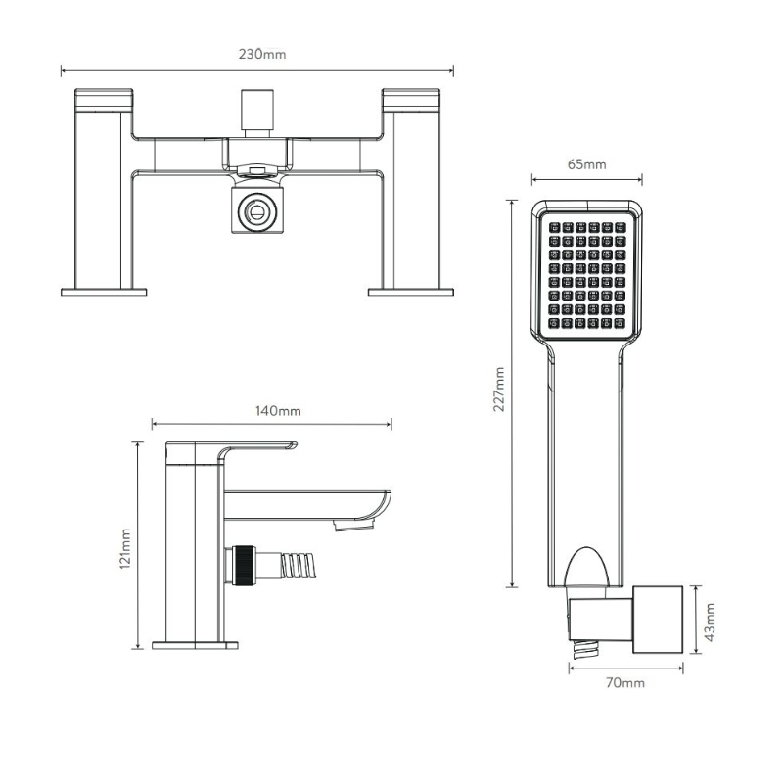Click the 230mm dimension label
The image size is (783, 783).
pyautogui.click(x=262, y=54)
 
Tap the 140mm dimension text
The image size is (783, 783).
pyautogui.click(x=278, y=411)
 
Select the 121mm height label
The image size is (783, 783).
pyautogui.click(x=125, y=548)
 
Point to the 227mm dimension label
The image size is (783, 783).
pyautogui.click(x=499, y=389)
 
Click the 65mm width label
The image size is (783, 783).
pyautogui.click(x=586, y=164)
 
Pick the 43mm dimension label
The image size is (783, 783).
pyautogui.click(x=710, y=622)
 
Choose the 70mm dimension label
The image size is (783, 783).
pyautogui.click(x=625, y=682)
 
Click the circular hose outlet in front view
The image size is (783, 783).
pyautogui.click(x=257, y=211)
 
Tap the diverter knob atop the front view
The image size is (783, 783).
pyautogui.click(x=257, y=113)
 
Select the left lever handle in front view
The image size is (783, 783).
pyautogui.click(x=104, y=100)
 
